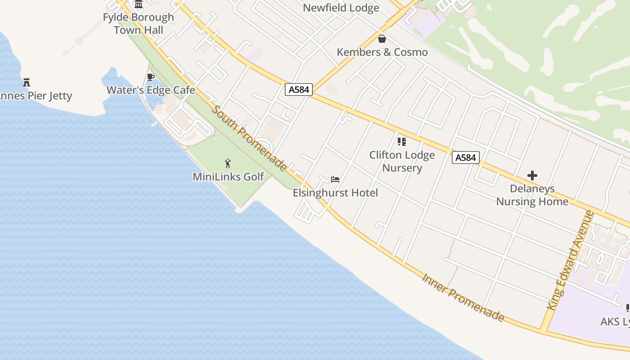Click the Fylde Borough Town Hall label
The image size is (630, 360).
(138, 24)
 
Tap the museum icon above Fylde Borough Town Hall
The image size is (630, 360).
(139, 4)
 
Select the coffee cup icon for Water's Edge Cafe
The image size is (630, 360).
(151, 77)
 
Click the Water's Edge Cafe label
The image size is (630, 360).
(151, 90)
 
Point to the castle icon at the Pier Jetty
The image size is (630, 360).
(27, 82)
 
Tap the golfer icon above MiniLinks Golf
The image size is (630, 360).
(228, 163)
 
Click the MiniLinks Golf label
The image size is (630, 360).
(228, 176)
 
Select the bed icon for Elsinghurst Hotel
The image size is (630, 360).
(335, 180)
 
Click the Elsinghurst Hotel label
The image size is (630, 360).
(335, 193)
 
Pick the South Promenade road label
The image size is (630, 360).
(250, 138)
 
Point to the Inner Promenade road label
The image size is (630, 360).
(463, 297)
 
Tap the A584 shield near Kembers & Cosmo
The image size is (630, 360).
(299, 90)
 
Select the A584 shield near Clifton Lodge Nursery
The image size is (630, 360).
(465, 157)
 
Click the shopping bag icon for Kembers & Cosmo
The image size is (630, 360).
(382, 39)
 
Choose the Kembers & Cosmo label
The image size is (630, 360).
(382, 52)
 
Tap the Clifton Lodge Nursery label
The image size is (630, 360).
(402, 161)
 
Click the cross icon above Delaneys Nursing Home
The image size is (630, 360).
(532, 175)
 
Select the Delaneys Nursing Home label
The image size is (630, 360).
(532, 195)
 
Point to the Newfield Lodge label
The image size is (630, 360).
(341, 8)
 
